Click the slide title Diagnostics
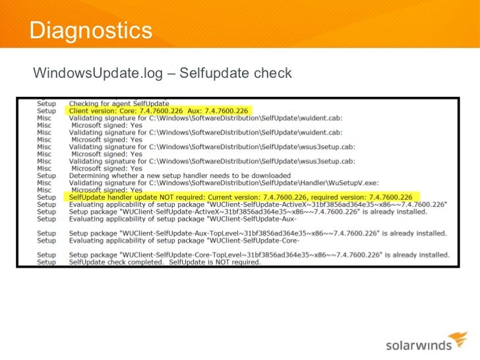[91, 30]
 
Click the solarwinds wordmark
[417, 344]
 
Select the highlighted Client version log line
[158, 111]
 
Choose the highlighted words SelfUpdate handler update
[114, 197]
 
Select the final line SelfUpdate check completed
[165, 262]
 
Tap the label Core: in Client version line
[133, 111]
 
